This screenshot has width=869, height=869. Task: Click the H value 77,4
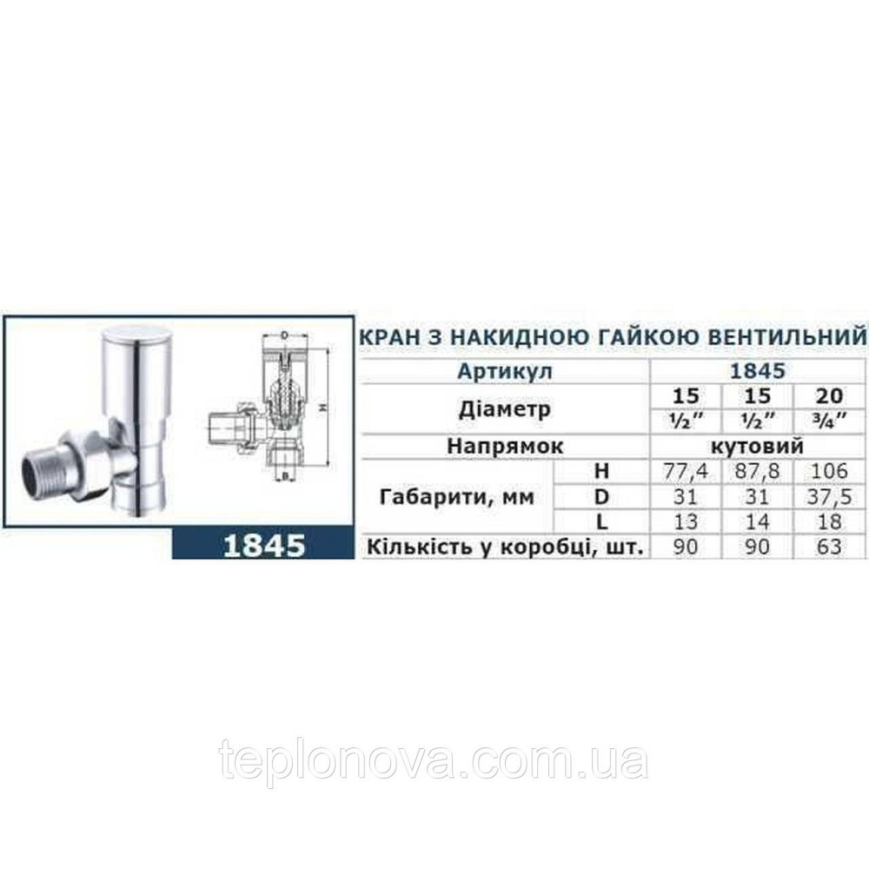coord(686,472)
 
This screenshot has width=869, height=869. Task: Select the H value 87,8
coord(759,472)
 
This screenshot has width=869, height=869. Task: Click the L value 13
coord(686,522)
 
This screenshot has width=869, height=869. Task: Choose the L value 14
coord(759,522)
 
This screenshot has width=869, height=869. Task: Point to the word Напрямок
coord(505,446)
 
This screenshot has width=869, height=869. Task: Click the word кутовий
coord(759,446)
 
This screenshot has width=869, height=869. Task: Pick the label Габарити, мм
coord(452,497)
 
